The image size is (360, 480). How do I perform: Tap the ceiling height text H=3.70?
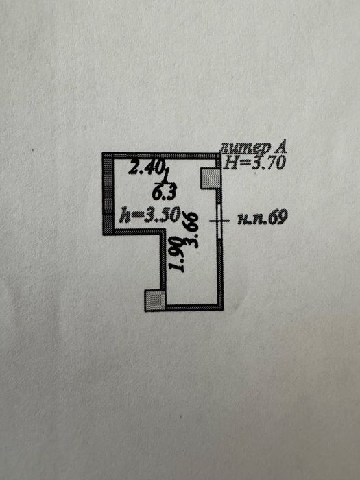[x=254, y=163]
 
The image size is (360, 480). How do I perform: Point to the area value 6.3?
[x=164, y=193]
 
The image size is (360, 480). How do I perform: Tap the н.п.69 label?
[x=263, y=217]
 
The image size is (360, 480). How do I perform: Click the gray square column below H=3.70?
[x=211, y=178]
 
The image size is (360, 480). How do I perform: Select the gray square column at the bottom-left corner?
[x=155, y=300]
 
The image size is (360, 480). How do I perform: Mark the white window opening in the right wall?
[x=219, y=221]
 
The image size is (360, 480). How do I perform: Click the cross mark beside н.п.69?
[x=219, y=221]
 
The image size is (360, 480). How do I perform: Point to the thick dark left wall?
[x=108, y=194]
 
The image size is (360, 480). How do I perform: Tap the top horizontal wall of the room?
[x=161, y=156]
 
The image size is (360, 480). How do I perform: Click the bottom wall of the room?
[x=195, y=307]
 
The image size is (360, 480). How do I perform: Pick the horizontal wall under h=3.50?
[x=137, y=232]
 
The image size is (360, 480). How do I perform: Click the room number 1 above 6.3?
[x=166, y=177]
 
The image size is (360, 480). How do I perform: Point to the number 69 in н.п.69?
[x=278, y=217]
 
